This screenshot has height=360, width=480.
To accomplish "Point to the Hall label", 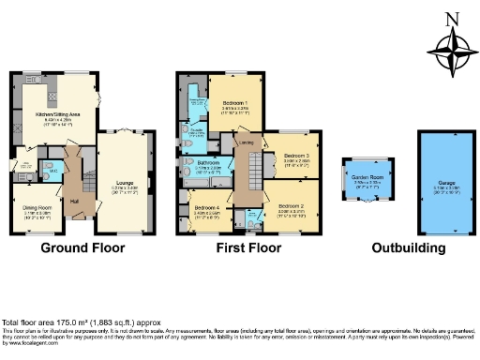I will pos(73,201).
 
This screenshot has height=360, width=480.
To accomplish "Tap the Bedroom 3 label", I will pos(296,156).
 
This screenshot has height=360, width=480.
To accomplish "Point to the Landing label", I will pos(246,142).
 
